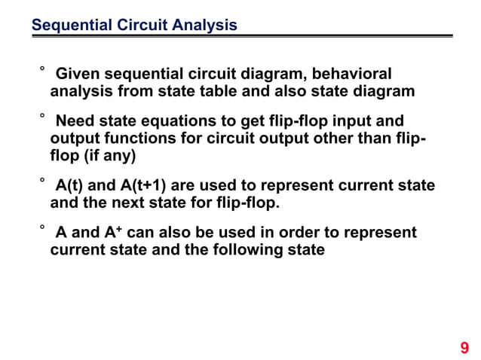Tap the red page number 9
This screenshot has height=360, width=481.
tap(464, 347)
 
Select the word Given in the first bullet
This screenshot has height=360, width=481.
tap(78, 75)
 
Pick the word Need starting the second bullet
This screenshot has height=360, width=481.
tap(76, 121)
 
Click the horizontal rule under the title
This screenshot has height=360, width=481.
tap(241, 35)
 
